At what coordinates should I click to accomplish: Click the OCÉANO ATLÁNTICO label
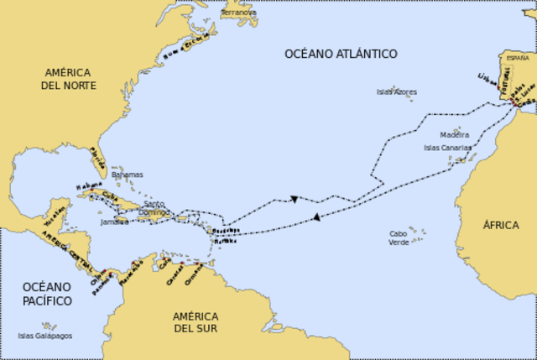click(x=341, y=54)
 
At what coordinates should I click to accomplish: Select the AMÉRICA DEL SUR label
click(x=196, y=321)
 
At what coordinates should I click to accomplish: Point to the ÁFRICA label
click(x=501, y=225)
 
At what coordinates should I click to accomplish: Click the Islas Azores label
click(x=396, y=91)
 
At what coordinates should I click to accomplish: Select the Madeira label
click(x=454, y=134)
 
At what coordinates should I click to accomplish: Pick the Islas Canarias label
click(x=447, y=148)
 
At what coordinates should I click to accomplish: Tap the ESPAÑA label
click(x=518, y=58)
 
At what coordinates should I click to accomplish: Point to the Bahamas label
click(x=128, y=175)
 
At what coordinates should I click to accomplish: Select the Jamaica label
click(x=113, y=222)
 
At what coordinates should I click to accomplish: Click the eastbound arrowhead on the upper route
click(x=295, y=199)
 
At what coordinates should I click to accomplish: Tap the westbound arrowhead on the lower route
click(x=316, y=217)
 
